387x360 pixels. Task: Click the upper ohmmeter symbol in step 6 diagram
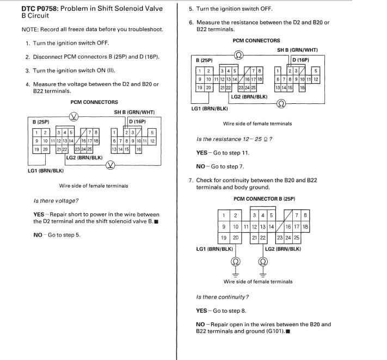(x=238, y=54)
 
